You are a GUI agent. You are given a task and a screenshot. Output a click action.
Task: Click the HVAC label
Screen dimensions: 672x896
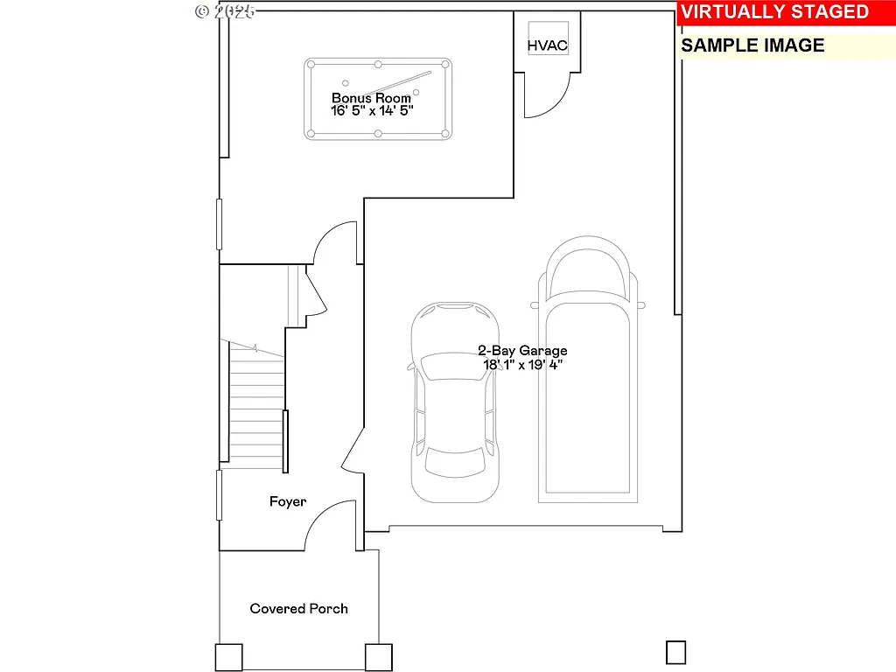[x=547, y=45]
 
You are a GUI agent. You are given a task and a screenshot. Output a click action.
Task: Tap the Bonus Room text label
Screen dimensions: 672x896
[x=371, y=98]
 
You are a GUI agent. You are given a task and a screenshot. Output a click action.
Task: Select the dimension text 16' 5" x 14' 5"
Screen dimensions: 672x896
[x=371, y=111]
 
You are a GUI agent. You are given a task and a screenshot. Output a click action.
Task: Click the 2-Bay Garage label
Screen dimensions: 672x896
[x=522, y=351]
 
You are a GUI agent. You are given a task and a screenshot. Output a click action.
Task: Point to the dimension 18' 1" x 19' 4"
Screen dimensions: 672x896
[x=522, y=365]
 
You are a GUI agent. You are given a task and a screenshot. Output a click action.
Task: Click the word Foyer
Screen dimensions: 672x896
[x=287, y=501]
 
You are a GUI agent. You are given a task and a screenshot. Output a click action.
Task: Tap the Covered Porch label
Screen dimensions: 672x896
[x=298, y=608]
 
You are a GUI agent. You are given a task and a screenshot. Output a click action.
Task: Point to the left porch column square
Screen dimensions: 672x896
[x=228, y=657]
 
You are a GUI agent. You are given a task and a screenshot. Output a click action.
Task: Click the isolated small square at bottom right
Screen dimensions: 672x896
[x=675, y=652]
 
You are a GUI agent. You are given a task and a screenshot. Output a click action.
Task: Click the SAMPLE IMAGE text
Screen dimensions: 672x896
[x=752, y=45]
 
